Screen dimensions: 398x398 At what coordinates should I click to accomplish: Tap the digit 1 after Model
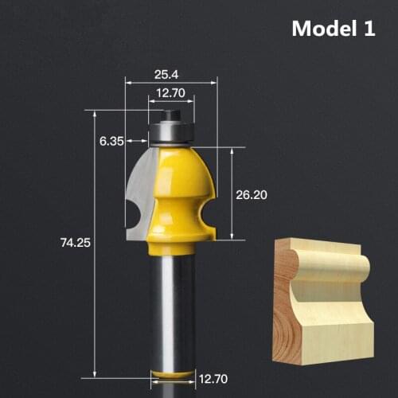pyautogui.click(x=369, y=29)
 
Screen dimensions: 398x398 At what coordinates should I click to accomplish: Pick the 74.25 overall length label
pyautogui.click(x=72, y=244)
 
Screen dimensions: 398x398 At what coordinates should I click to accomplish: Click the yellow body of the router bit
pyautogui.click(x=183, y=191)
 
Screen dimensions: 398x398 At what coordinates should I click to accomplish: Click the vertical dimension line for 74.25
pyautogui.click(x=95, y=244)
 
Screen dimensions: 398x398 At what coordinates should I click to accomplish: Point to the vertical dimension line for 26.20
pyautogui.click(x=232, y=193)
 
